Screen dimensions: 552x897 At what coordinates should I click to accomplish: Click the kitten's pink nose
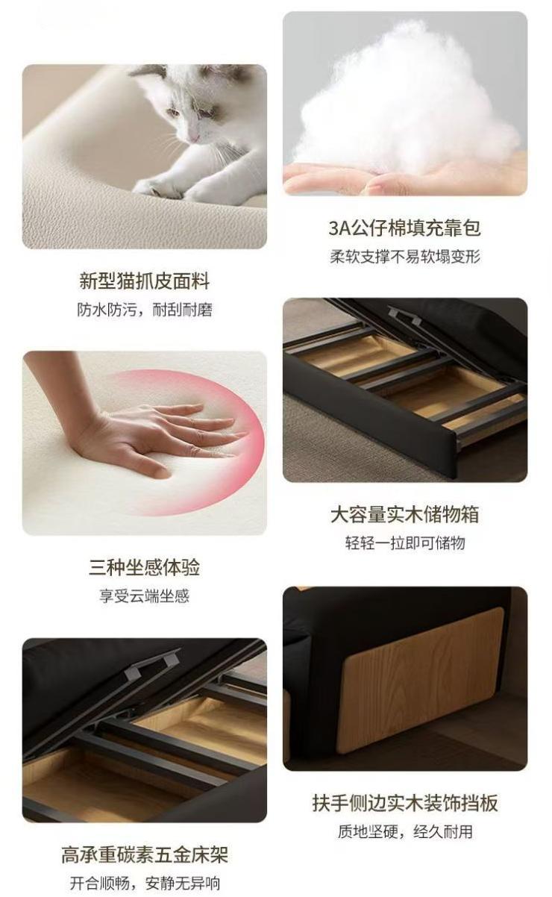point(194,137)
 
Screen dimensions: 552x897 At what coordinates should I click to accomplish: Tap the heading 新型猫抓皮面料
point(145,281)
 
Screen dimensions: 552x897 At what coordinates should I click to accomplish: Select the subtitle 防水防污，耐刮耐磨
point(145,310)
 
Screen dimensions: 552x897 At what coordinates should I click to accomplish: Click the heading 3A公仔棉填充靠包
point(405,228)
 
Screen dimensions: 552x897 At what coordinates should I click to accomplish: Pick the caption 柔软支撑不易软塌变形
point(405,257)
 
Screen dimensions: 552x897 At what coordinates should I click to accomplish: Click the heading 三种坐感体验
point(145,567)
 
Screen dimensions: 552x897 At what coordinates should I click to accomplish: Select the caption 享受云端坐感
point(145,596)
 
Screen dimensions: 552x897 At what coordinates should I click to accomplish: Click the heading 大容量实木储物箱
point(405,514)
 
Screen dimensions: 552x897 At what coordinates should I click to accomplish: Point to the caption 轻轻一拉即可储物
point(405,543)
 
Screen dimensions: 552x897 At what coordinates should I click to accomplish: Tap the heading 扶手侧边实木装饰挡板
point(405,803)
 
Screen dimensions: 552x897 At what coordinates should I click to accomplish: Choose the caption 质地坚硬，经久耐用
point(405,831)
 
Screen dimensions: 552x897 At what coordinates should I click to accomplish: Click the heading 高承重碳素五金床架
point(145,854)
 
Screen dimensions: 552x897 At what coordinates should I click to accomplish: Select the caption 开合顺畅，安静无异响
point(145,883)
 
